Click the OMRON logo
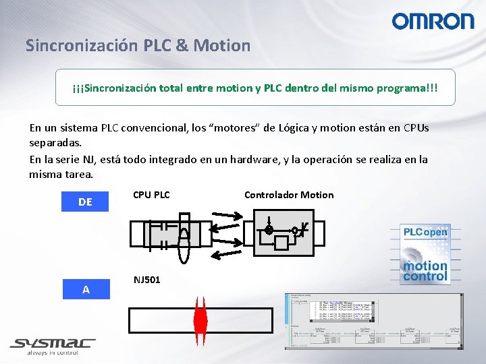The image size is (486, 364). coord(433,21)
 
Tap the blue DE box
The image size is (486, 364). coord(85,202)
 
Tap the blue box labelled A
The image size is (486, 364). coord(85,289)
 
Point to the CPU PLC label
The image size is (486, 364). coord(151,195)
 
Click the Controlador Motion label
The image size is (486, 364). coord(288,195)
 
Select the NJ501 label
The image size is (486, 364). coord(146,279)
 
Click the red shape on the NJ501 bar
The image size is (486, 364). coord(200,319)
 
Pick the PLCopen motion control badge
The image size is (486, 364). coord(425,253)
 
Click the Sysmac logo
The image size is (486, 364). coord(52,343)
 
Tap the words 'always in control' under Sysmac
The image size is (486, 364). coord(52,353)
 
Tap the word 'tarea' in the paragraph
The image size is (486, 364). coord(76,175)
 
